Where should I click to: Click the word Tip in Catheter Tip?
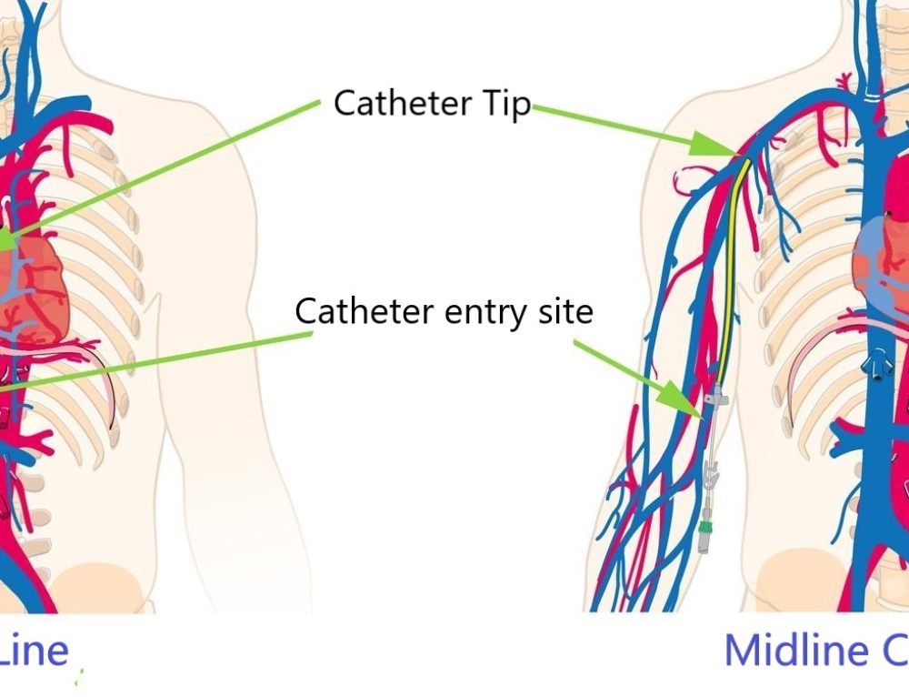click(x=505, y=104)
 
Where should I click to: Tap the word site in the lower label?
click(x=563, y=311)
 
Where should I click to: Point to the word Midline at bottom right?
click(x=795, y=650)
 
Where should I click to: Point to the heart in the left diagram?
click(x=32, y=282)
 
